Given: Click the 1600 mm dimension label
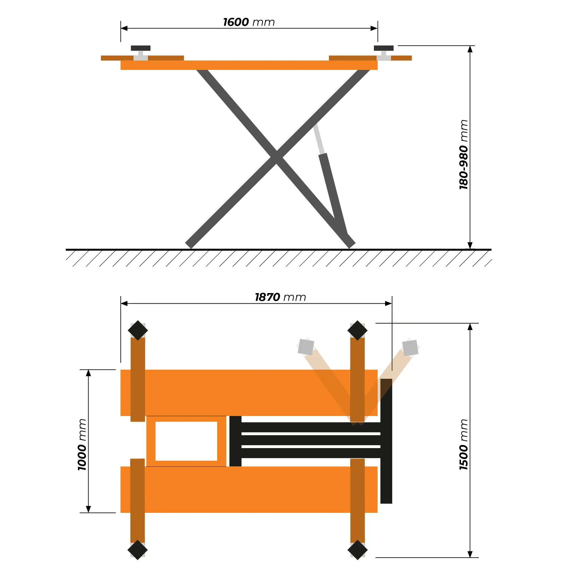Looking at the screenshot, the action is point(249,22).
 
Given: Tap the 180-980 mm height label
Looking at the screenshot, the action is point(464,154).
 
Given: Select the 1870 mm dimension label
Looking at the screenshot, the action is point(280,297).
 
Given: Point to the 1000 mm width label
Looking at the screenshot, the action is point(82,445).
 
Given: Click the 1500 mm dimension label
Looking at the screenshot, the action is point(464,445).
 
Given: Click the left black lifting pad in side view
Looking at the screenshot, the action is point(141,48).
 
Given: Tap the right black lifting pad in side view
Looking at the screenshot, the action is point(384,48).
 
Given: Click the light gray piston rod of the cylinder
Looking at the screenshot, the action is point(319,138).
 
